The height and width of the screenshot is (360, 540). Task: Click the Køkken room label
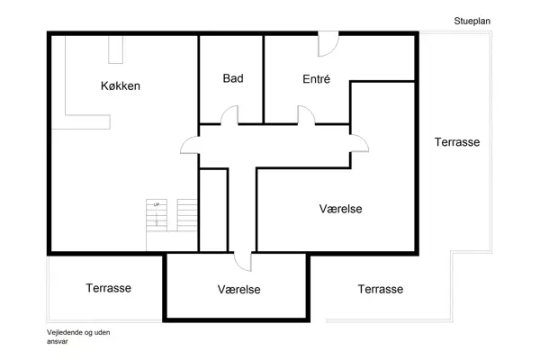point(121,86)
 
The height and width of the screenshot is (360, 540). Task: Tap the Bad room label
point(233,78)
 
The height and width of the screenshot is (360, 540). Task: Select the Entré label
point(316,79)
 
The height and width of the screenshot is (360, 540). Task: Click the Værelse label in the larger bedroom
point(340,208)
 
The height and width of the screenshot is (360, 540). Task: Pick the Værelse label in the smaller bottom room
point(238,290)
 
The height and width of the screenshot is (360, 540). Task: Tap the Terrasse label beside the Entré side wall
point(456,142)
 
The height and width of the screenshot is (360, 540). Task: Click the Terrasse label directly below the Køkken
point(109,288)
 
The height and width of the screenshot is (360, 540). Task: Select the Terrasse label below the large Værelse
point(380,289)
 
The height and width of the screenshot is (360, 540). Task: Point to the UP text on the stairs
point(157,205)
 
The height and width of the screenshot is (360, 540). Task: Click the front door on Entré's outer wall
point(328,42)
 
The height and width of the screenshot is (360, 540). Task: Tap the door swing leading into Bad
point(229,115)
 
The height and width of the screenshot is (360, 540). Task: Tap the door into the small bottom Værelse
point(243,260)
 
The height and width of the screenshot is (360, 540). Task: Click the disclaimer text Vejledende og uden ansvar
point(78,337)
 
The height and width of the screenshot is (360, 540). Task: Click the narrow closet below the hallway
point(212,210)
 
